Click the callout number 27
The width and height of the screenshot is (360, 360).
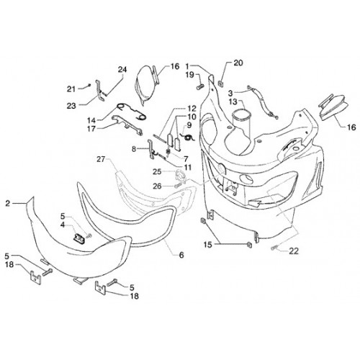tap(101, 159)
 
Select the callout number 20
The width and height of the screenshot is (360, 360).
tap(238, 63)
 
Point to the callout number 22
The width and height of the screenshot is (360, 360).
tap(294, 251)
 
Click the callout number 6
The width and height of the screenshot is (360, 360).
tap(181, 255)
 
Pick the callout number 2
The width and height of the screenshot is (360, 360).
tap(8, 204)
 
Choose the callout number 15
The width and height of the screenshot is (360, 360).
tap(209, 245)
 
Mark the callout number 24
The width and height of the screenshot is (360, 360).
tap(122, 70)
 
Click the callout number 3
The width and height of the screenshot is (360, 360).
tap(230, 93)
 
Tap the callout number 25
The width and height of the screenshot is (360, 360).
tap(158, 172)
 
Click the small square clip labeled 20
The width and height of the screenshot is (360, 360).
tap(220, 84)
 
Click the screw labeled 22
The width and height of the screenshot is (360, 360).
tap(274, 248)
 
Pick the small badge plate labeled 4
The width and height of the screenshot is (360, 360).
tap(78, 238)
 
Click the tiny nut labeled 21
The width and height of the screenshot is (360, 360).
tap(89, 85)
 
